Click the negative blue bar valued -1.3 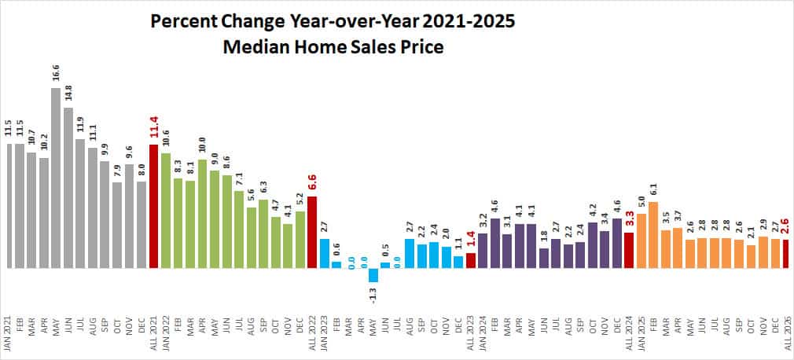click(373, 275)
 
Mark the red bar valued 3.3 click(629, 250)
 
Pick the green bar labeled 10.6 click(165, 211)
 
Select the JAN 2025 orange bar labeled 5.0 click(641, 241)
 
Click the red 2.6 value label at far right click(786, 227)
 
